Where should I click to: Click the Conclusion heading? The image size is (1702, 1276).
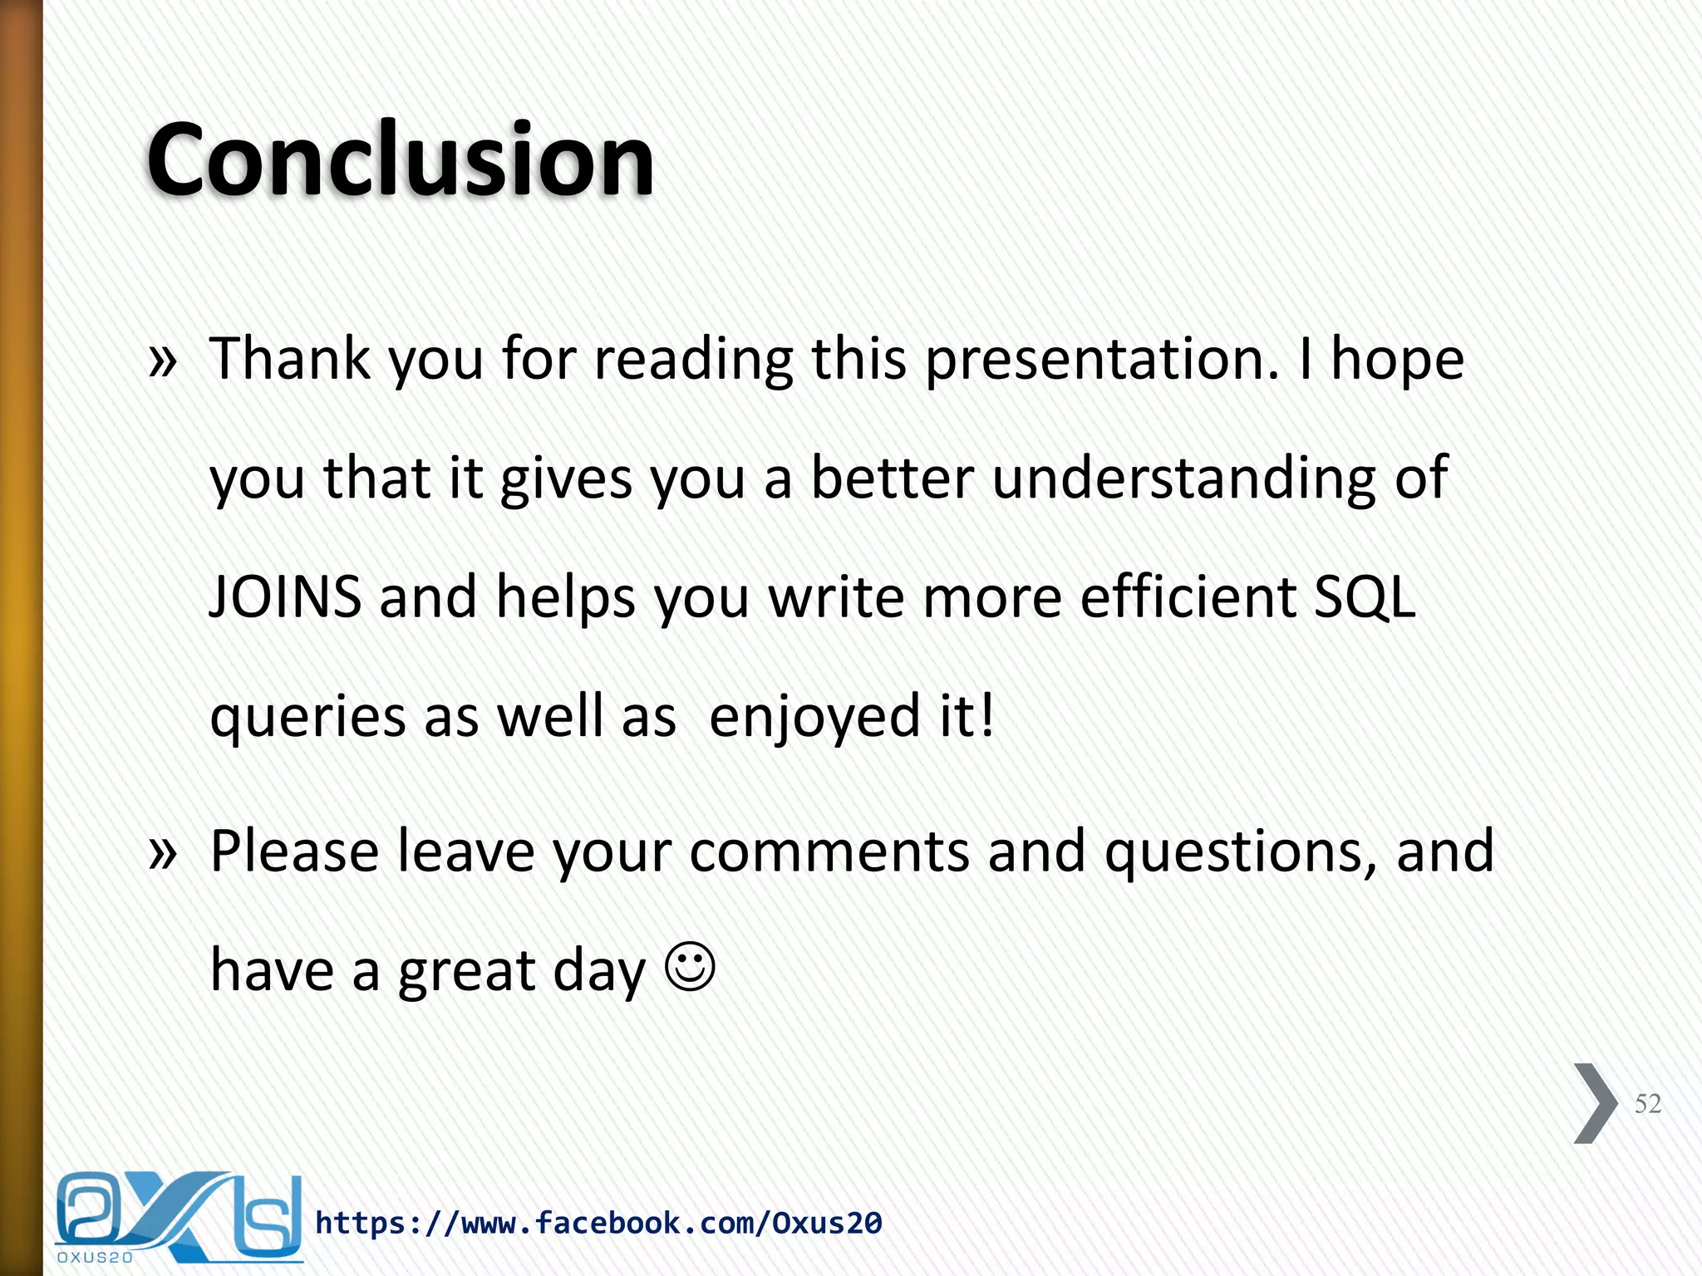coord(401,159)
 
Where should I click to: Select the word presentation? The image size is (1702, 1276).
coord(1102,361)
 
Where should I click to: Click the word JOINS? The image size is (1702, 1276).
coord(285,597)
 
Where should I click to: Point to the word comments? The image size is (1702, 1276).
coord(829,851)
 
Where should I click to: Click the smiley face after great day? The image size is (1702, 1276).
coord(690,966)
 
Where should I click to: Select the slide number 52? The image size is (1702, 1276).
coord(1647,1103)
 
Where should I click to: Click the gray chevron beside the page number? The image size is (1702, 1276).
coord(1595,1103)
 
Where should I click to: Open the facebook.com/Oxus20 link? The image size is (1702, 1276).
coord(598,1223)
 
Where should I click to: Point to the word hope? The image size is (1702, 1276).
coord(1397,361)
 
